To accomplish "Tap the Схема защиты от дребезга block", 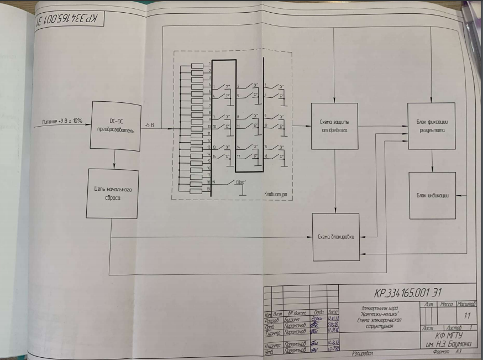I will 334,126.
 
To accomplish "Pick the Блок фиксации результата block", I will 431,126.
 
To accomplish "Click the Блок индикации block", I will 432,195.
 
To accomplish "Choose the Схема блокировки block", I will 336,237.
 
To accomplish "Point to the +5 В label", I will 149,125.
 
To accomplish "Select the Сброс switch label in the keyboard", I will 240,182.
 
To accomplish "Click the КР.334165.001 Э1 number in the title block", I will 408,291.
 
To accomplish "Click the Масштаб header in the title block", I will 466,304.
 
